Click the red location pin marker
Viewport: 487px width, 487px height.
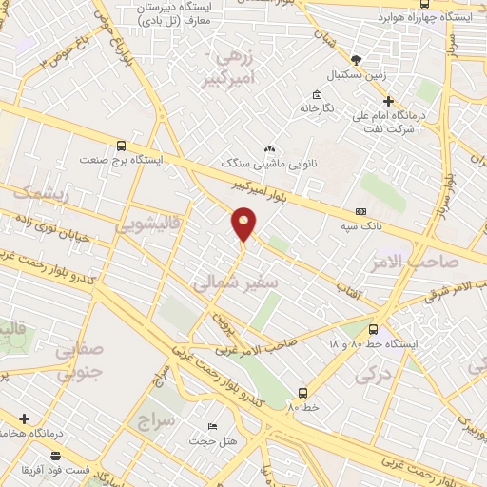243,224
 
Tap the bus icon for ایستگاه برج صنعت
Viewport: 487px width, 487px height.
121,146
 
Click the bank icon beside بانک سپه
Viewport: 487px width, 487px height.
360,211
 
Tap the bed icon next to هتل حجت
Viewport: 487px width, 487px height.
212,425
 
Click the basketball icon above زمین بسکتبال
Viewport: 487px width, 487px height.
357,57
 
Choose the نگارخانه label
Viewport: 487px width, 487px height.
318,108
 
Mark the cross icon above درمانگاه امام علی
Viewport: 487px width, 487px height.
387,101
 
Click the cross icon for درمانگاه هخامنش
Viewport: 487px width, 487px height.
24,419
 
